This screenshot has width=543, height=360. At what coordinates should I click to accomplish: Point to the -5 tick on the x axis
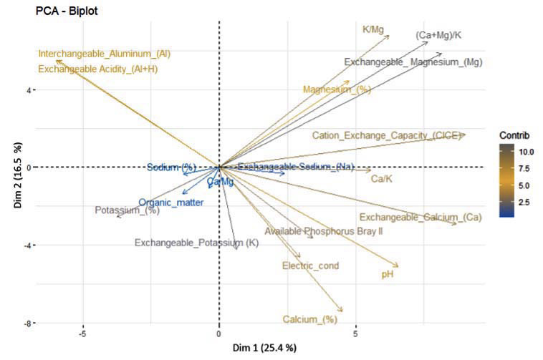(x=83, y=334)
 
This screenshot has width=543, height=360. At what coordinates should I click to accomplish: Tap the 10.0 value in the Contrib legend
(x=525, y=152)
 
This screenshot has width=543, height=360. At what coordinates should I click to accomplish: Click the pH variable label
(x=387, y=274)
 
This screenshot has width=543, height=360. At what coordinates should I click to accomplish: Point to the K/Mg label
(x=373, y=30)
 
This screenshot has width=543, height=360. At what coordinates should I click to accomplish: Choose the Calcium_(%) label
(x=309, y=319)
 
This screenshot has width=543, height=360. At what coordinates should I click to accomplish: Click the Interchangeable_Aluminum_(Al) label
(x=105, y=54)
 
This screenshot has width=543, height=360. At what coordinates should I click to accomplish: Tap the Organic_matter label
(x=171, y=203)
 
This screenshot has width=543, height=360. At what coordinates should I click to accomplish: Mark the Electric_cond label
(x=311, y=266)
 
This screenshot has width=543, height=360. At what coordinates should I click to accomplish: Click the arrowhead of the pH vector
(x=398, y=266)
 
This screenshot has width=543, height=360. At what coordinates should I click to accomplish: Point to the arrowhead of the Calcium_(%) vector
(x=342, y=311)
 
